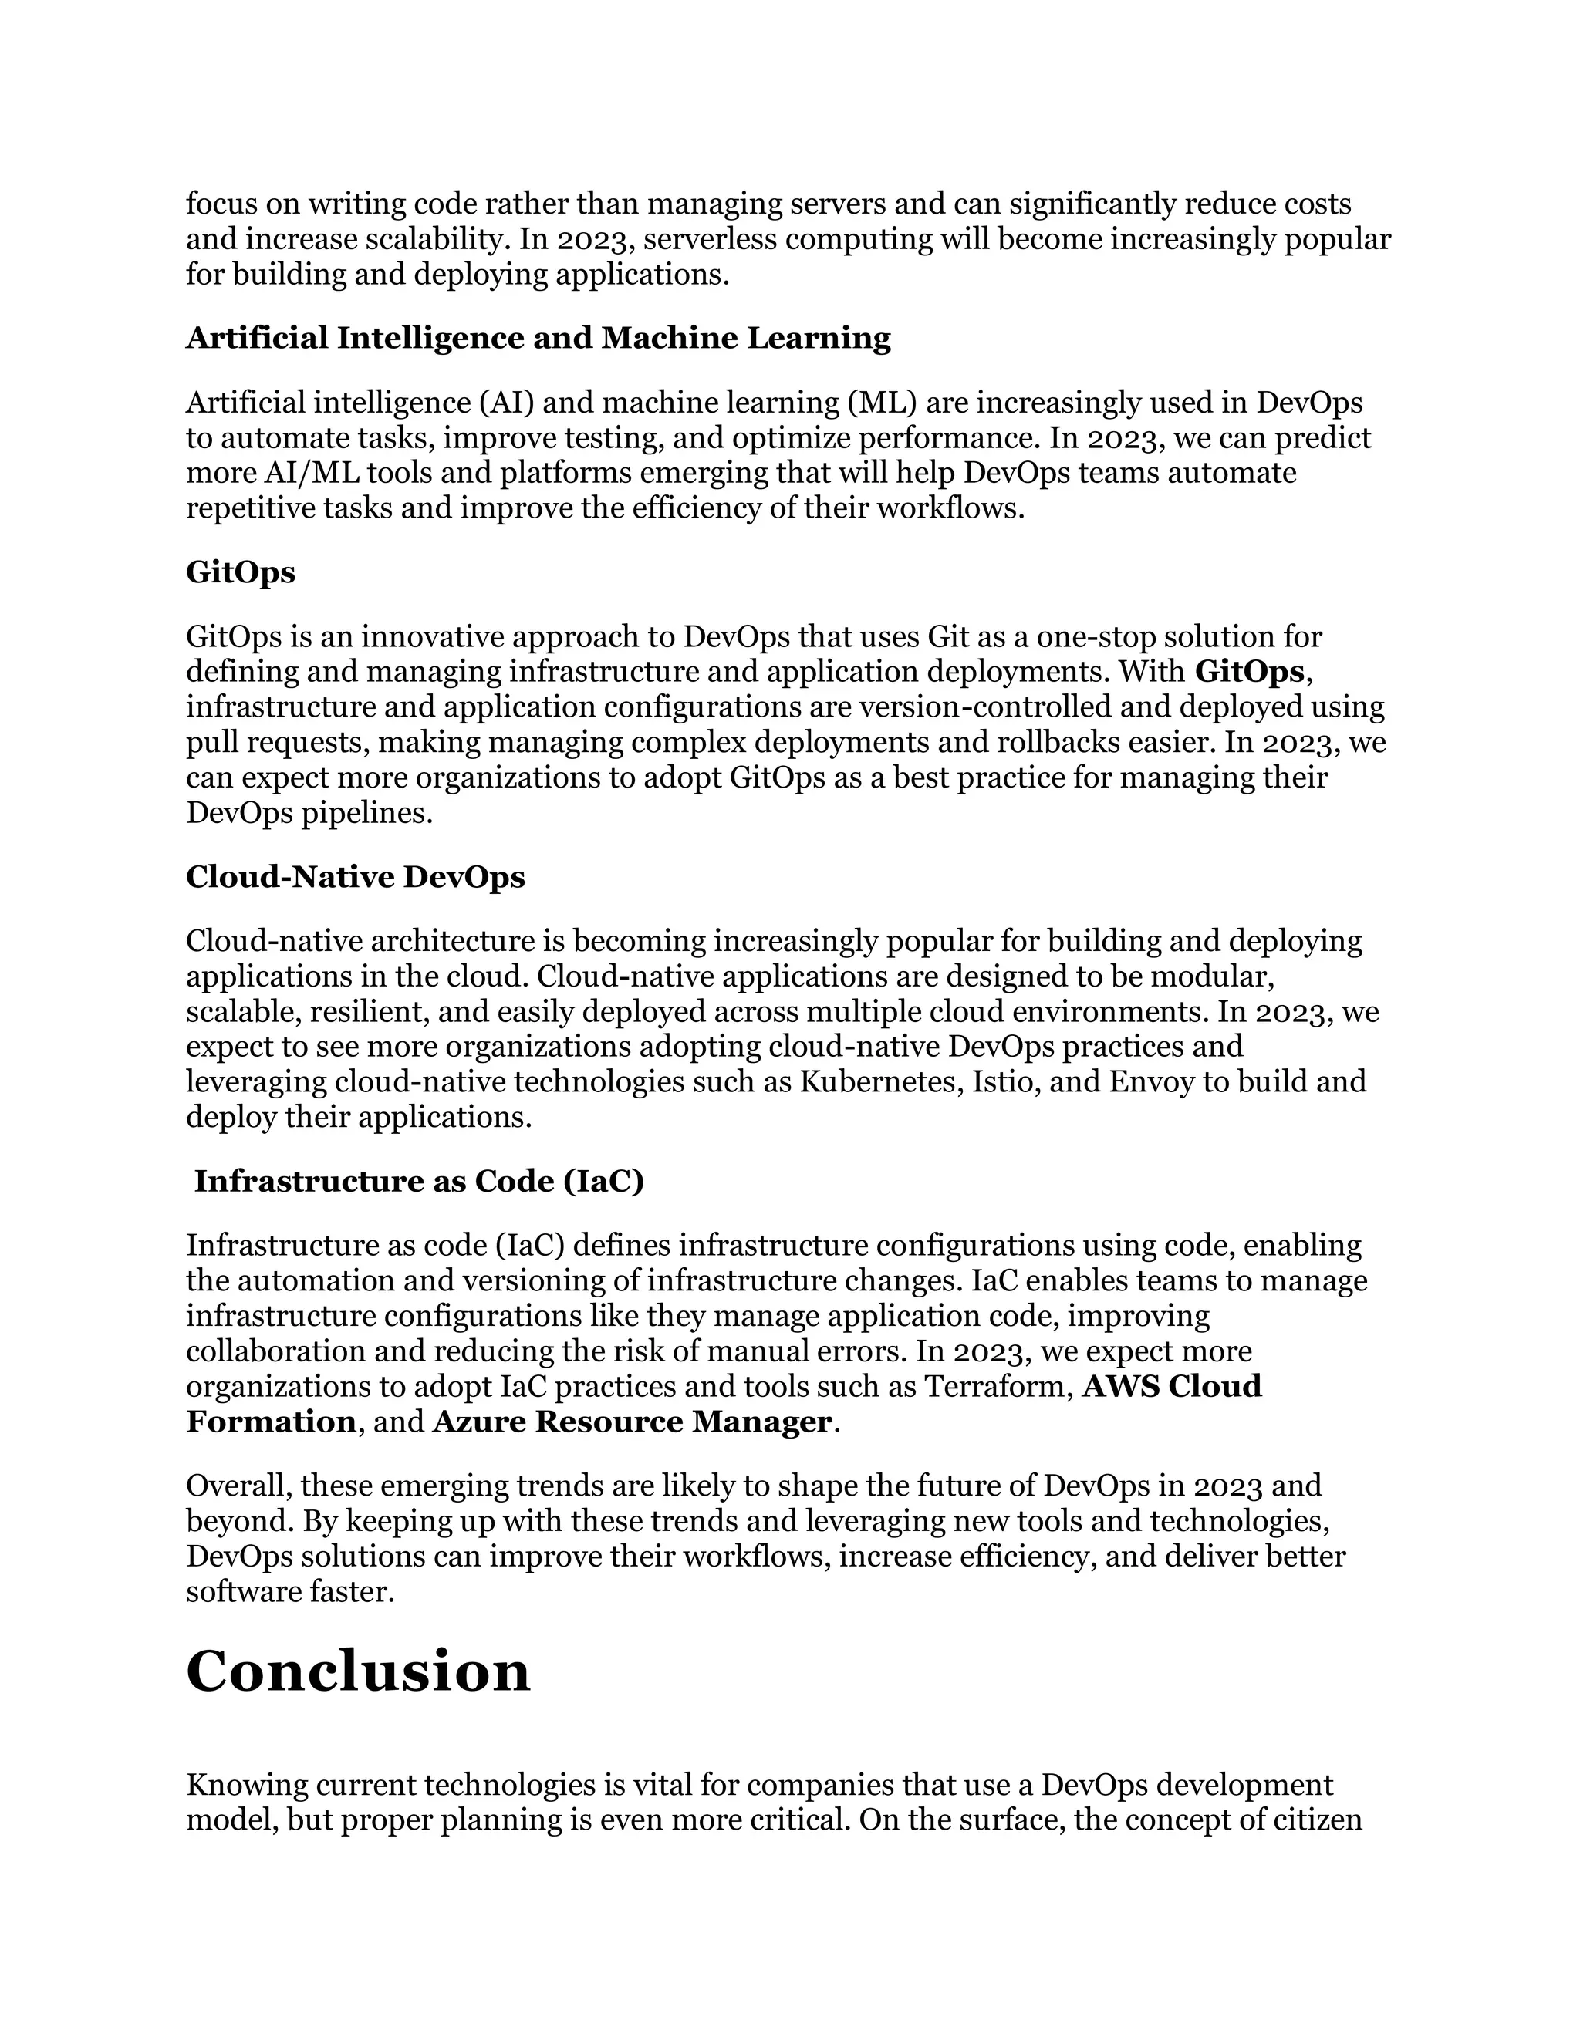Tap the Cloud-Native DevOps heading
click(x=356, y=877)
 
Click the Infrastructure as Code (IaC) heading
click(x=420, y=1181)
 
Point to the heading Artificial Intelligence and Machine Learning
click(x=538, y=338)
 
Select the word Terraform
click(x=998, y=1386)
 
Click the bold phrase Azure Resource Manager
click(x=632, y=1422)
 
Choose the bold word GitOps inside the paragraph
click(x=1250, y=672)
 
